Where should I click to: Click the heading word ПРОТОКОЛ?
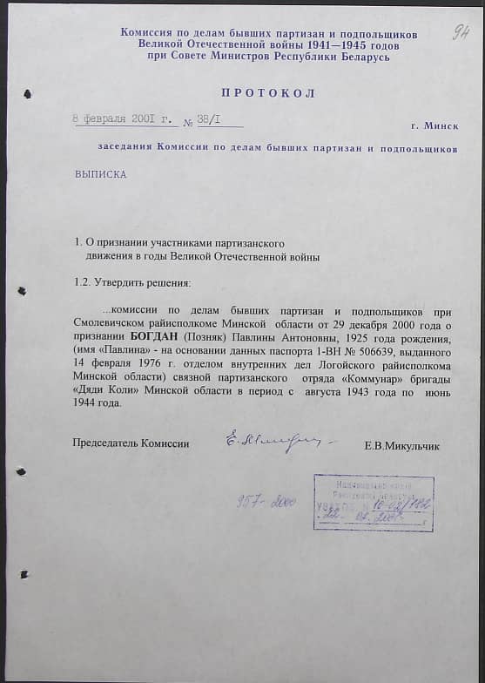[x=268, y=93]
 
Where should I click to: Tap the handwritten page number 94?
[x=461, y=33]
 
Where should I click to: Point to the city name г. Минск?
[x=434, y=125]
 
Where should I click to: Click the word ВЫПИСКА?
[x=100, y=174]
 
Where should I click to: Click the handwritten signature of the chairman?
[x=270, y=440]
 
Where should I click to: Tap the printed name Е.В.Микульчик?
[x=402, y=446]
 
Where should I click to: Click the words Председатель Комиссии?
[x=131, y=443]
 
